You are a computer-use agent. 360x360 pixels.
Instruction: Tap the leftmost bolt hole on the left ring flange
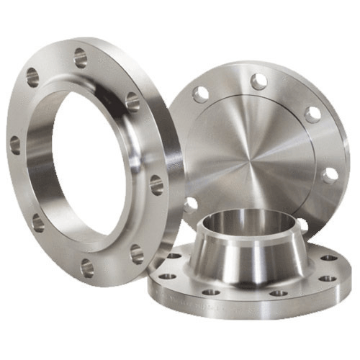pos(15,144)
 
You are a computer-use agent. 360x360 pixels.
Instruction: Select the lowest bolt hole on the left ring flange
pos(87,268)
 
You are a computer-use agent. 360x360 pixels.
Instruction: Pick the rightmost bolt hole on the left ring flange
pos(156,185)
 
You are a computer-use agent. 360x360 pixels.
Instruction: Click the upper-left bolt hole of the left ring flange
pos(32,77)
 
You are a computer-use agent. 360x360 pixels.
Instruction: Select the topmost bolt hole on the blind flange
pos(258,81)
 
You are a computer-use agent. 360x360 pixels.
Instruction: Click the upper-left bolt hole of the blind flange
pos(201,92)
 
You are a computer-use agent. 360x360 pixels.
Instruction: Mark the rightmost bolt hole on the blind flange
pos(330,175)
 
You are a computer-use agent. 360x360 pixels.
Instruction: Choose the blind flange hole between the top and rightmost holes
pos(312,114)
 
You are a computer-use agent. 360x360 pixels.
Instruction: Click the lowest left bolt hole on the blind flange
pos(190,204)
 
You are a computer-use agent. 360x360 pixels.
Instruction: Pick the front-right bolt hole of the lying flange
pos(279,293)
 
